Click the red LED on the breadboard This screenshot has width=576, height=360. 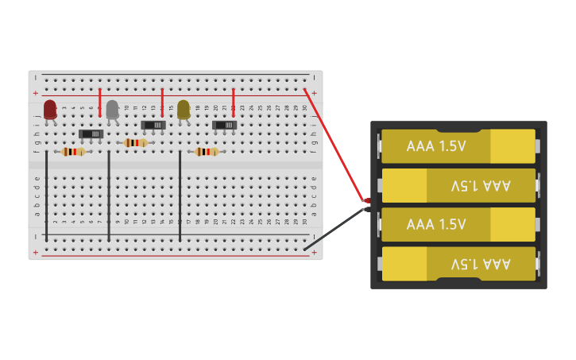coord(50,110)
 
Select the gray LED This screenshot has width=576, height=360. coord(112,110)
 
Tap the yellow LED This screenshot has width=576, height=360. coord(184,110)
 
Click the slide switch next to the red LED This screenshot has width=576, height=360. coord(91,134)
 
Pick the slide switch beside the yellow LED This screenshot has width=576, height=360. coord(153,125)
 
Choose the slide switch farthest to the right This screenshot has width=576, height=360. coord(224,125)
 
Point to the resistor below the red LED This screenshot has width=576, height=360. coord(73,152)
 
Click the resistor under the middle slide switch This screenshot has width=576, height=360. coord(136,143)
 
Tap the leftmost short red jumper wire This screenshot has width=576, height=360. coord(100,102)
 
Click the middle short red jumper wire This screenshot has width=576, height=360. coord(162,102)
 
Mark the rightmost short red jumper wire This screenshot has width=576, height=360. coord(233,102)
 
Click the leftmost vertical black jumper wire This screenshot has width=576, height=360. coord(46,195)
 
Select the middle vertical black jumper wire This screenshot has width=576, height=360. coord(109,195)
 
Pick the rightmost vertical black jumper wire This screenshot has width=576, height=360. coord(180,195)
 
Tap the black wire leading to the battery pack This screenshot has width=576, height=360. coord(334,230)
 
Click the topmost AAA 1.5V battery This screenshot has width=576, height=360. coord(458,146)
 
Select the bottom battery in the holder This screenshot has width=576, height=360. coord(458,263)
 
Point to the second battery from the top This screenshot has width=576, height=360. coord(458,185)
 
